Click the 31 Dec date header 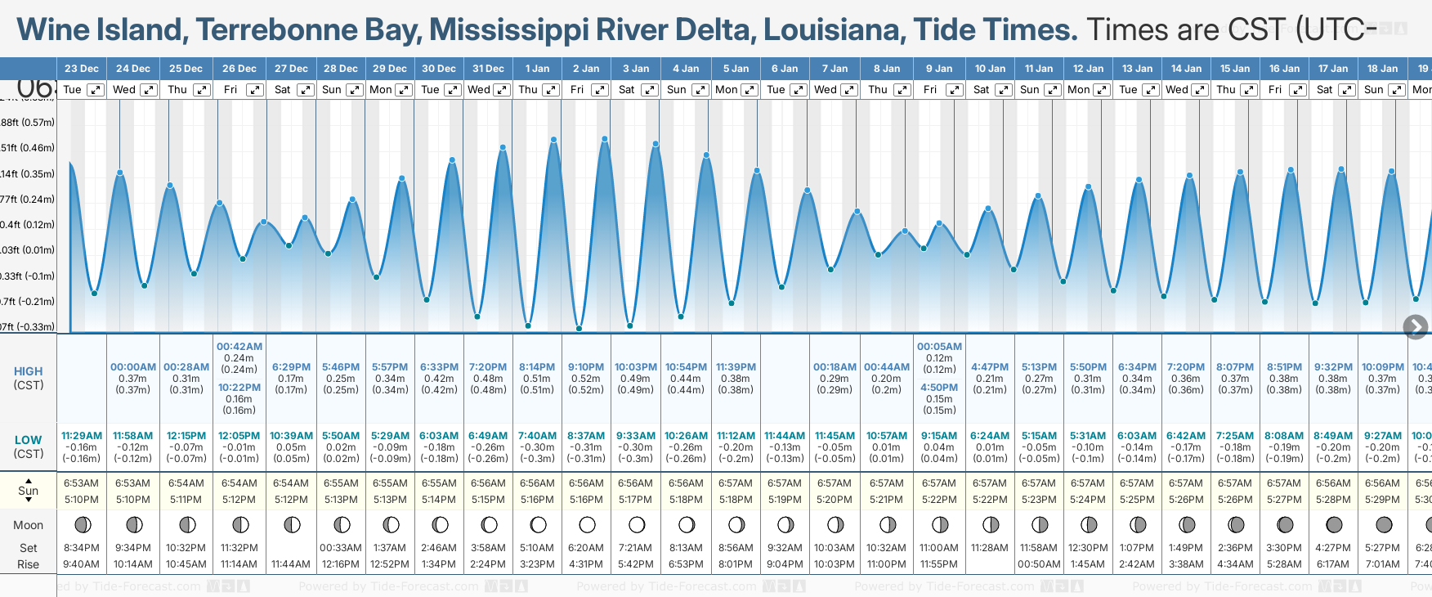[x=488, y=69]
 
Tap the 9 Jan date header [x=939, y=69]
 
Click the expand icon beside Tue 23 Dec [x=96, y=90]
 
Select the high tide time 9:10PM [x=586, y=367]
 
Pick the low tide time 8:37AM [x=586, y=436]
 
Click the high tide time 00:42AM [x=239, y=347]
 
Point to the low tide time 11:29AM [x=82, y=436]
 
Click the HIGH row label [x=28, y=371]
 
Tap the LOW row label [x=28, y=440]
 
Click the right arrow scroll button [x=1416, y=327]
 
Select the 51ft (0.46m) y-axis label [x=28, y=148]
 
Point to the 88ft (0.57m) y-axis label [x=28, y=123]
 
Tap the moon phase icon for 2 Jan [x=587, y=524]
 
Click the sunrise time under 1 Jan [x=537, y=483]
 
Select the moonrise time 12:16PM [x=341, y=563]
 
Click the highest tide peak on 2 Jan [x=605, y=138]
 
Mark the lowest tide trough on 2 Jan [x=580, y=329]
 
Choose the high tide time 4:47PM [x=989, y=367]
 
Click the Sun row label [x=28, y=491]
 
